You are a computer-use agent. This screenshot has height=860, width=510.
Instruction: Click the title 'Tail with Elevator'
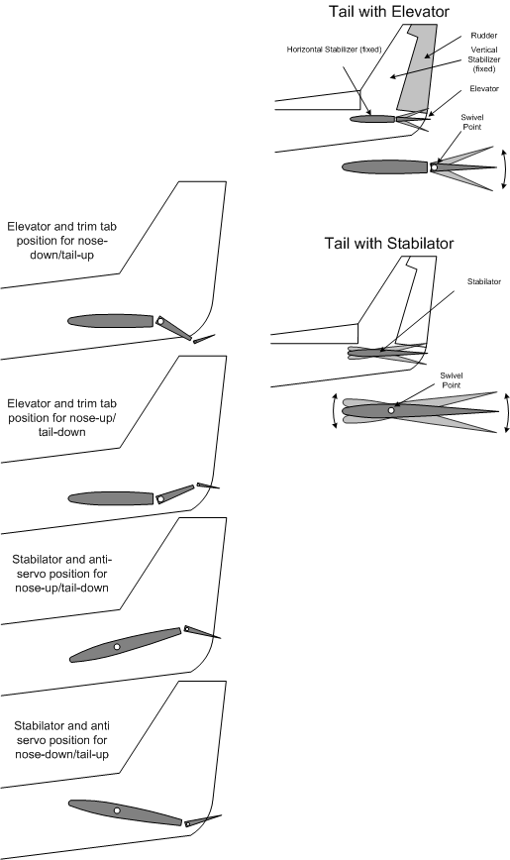[x=389, y=11]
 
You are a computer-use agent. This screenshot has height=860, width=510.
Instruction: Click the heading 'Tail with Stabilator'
[x=389, y=243]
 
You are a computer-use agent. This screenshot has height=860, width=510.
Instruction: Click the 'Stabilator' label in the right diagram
[x=479, y=280]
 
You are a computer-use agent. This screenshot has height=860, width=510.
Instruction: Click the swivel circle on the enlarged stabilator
[x=392, y=410]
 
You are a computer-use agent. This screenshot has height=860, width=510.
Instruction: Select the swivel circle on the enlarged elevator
[x=434, y=167]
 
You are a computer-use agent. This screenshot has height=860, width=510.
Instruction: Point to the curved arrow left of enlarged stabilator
[x=335, y=410]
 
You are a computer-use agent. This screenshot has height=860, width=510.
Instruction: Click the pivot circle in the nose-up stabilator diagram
[x=117, y=646]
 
